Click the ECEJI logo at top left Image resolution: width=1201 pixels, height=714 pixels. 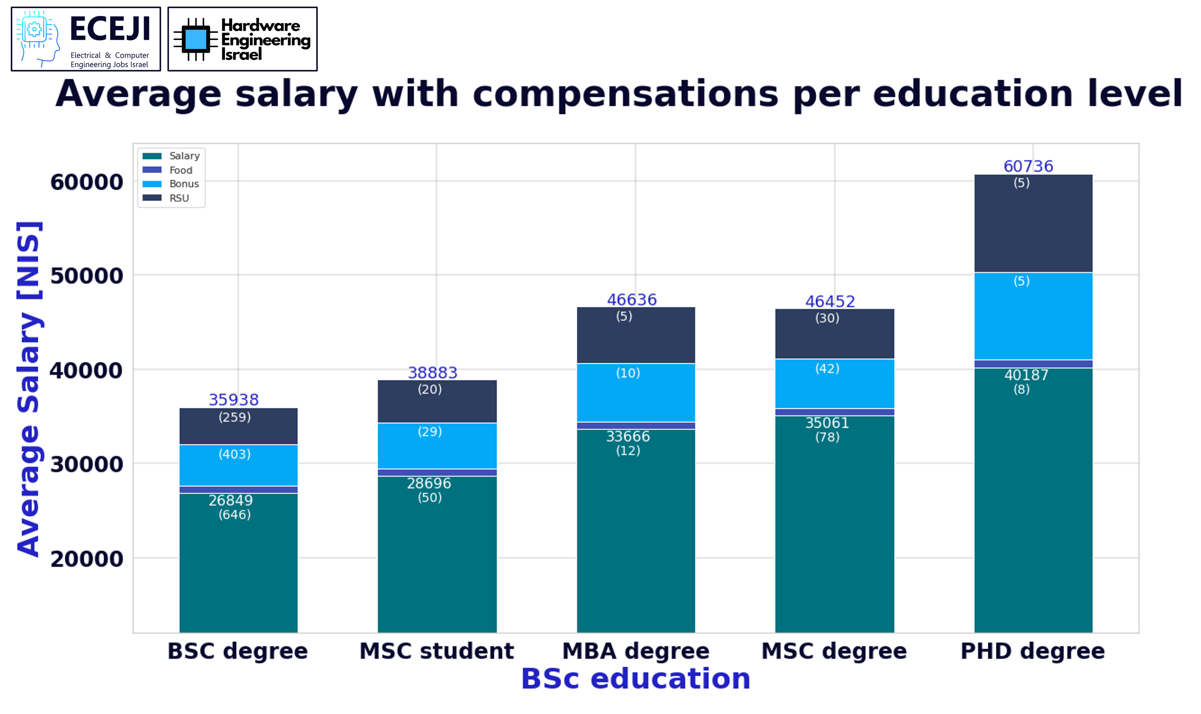[x=85, y=39]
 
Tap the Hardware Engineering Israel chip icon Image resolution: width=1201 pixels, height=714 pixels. [x=195, y=39]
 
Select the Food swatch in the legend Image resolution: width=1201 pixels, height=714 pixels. [x=152, y=170]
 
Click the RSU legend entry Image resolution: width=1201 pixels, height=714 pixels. [x=179, y=198]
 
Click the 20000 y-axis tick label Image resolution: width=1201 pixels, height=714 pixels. [x=87, y=559]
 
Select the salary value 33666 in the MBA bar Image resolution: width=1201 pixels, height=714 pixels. [x=628, y=436]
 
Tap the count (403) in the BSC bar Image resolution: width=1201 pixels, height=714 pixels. [x=235, y=454]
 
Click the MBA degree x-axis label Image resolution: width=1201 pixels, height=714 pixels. [x=636, y=651]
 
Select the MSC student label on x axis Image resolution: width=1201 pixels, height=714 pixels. [x=437, y=651]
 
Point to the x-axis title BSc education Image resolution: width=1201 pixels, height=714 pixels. [x=636, y=679]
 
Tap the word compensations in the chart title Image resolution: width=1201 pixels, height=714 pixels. [x=625, y=94]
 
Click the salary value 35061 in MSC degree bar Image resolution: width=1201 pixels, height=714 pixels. [x=827, y=423]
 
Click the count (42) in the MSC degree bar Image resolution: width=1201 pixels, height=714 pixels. [x=827, y=369]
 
